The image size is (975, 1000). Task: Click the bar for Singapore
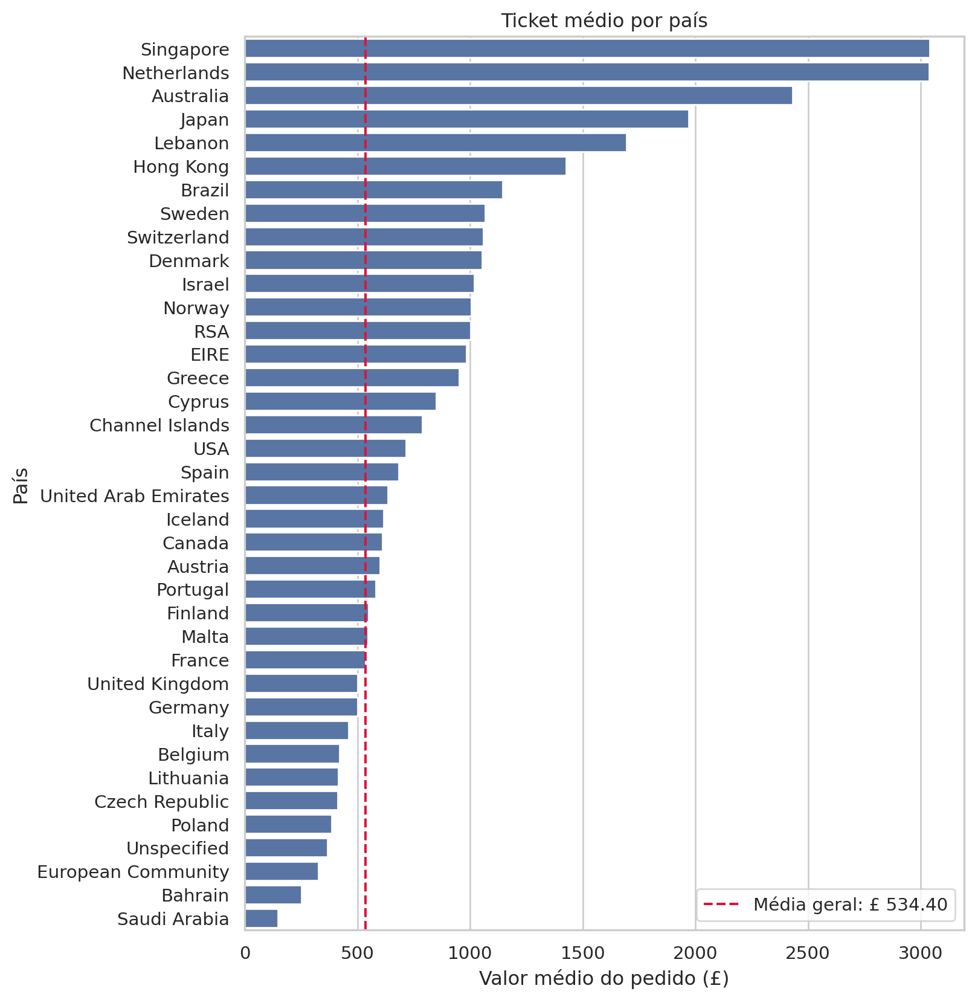point(587,49)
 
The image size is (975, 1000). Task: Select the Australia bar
point(518,96)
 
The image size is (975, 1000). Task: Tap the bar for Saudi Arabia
point(261,919)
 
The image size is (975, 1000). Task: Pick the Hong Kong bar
point(405,167)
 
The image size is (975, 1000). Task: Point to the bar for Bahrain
point(273,895)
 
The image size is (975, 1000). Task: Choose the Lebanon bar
point(436,143)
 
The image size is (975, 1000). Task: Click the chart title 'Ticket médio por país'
point(604,21)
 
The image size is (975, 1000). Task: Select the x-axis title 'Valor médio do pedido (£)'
point(604,979)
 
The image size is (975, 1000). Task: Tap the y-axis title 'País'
point(21,486)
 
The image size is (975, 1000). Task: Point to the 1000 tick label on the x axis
point(470,953)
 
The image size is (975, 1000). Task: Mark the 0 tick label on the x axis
point(245,953)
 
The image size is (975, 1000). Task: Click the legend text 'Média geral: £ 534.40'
point(851,905)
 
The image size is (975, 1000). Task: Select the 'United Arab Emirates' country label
point(135,496)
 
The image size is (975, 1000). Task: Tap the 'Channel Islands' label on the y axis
point(159,425)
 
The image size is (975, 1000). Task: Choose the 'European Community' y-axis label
point(134,872)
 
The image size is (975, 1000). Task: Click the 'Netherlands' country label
point(176,73)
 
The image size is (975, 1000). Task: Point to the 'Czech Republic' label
point(162,802)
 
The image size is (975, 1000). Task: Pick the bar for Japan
point(466,120)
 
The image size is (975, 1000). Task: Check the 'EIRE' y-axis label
point(210,355)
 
